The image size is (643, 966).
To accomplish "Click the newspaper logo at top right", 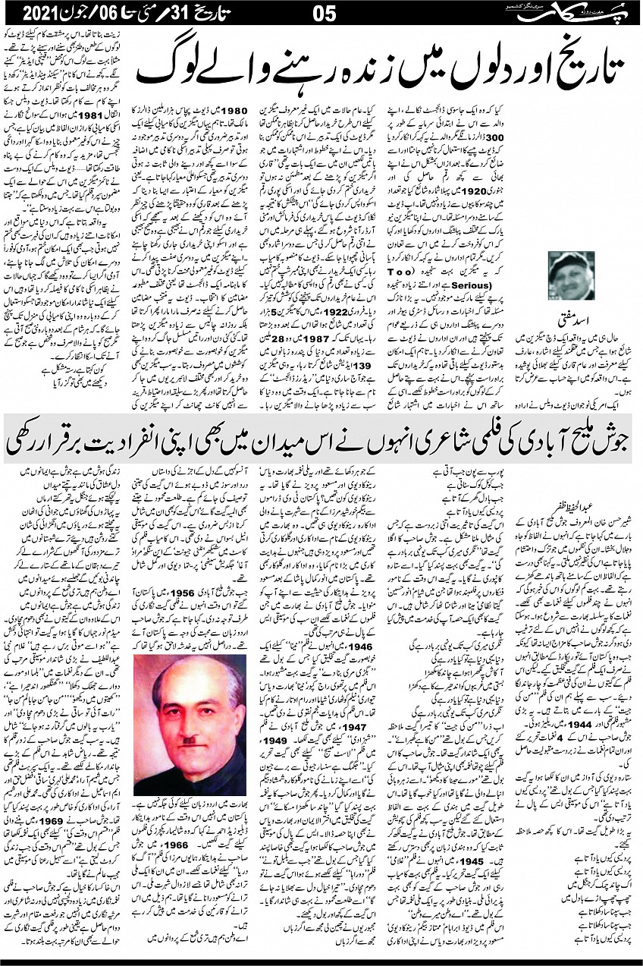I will click(x=579, y=13).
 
